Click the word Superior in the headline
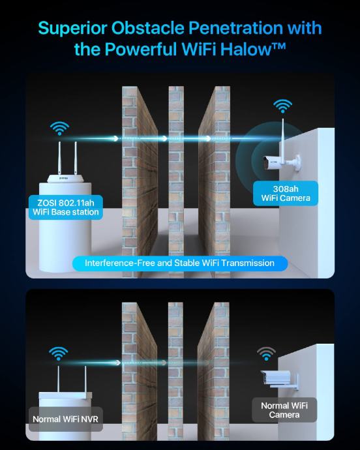72,29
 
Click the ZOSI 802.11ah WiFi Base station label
66,207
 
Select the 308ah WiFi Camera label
286,194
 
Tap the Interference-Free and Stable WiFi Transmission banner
180,263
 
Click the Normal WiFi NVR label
66,419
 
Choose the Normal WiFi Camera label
284,410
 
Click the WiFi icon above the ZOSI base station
59,128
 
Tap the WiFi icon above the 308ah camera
283,106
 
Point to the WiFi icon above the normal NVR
58,353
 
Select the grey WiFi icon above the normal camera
266,353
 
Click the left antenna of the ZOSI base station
60,158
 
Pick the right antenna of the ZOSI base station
76,158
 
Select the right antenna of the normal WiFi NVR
85,380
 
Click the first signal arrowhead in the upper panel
115,139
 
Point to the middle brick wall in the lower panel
175,371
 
